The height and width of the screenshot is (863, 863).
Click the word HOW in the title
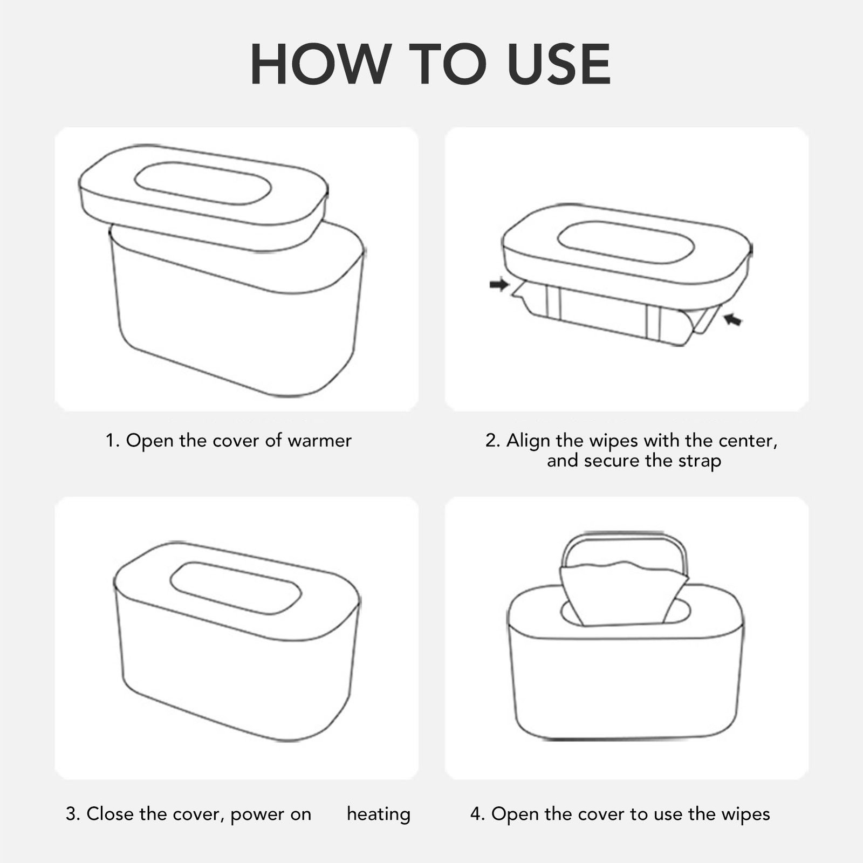321,64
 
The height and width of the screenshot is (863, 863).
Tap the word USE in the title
559,64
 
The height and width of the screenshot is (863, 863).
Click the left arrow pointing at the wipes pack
499,284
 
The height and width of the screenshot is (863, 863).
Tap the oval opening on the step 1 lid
203,183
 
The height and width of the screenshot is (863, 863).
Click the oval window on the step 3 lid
236,588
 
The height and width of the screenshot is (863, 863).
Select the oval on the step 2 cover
626,242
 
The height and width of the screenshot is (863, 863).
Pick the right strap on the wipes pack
653,323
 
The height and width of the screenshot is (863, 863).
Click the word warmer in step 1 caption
319,441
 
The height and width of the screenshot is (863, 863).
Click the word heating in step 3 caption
379,814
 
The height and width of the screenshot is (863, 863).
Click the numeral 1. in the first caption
112,441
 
